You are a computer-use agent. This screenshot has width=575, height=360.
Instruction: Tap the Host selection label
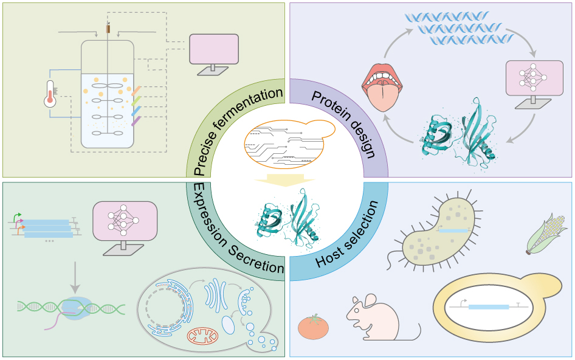[x=349, y=237]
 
